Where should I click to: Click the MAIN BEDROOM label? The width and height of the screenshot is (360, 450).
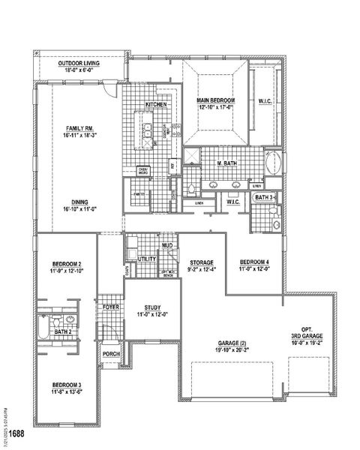[x=217, y=100]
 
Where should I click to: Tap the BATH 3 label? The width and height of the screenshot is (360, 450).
[x=264, y=197]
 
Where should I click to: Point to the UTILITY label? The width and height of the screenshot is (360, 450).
[x=147, y=259]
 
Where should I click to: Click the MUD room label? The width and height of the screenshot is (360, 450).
[x=167, y=245]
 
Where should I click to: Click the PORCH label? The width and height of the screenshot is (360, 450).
[x=111, y=354]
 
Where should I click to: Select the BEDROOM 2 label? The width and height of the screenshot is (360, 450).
[x=67, y=264]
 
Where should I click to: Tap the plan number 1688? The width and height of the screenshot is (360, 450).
[x=16, y=433]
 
